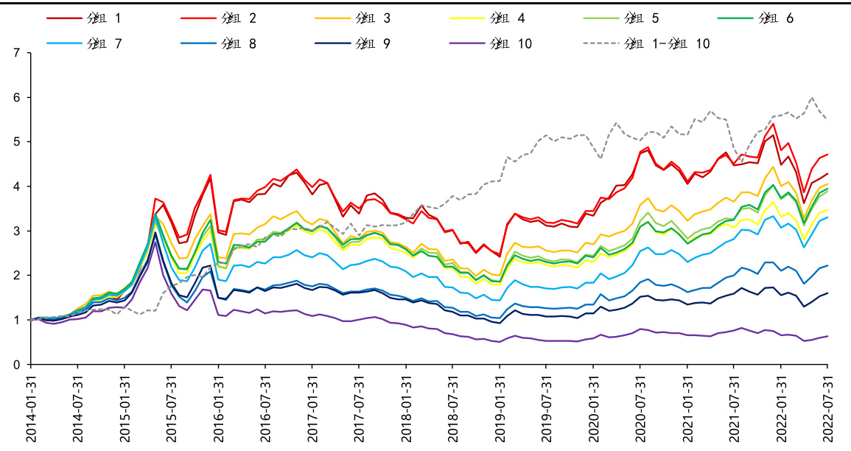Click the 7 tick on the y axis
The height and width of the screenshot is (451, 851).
[x=16, y=53]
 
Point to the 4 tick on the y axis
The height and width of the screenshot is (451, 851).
[x=16, y=186]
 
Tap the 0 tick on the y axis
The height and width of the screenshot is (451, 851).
[x=16, y=364]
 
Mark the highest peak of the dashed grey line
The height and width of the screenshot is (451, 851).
[x=812, y=97]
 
